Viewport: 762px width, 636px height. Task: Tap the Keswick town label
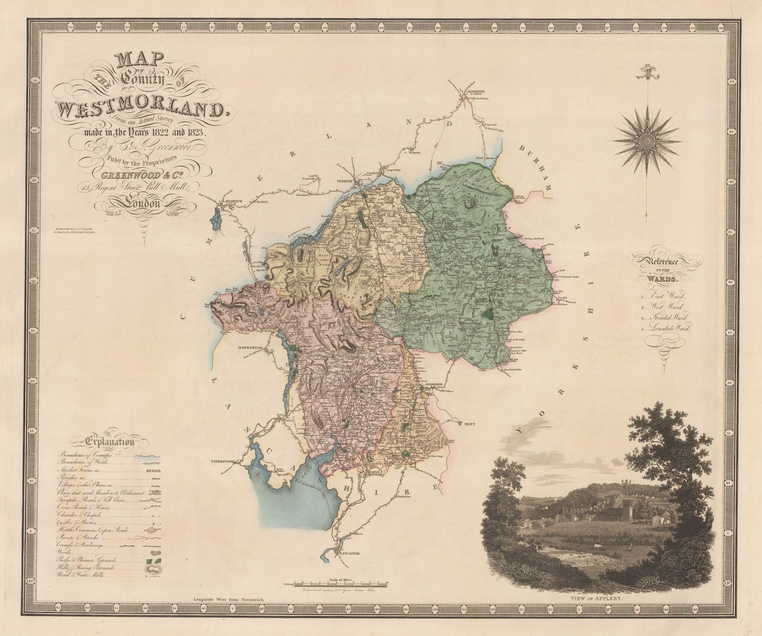235,202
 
